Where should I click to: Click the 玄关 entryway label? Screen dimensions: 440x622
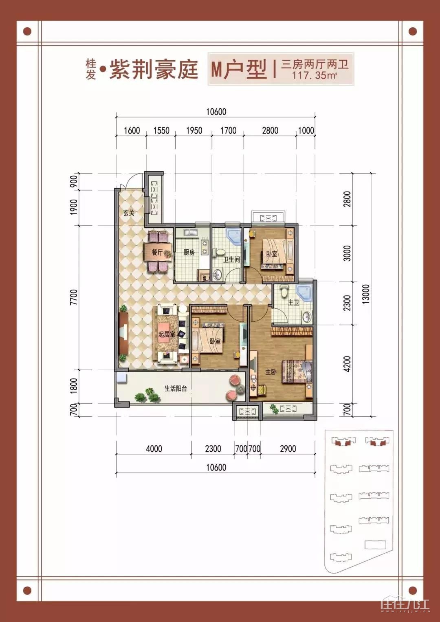click(129, 213)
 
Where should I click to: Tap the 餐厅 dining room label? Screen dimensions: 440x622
click(157, 253)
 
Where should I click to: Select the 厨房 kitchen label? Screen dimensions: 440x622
click(189, 253)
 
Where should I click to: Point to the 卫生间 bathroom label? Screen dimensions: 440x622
click(232, 260)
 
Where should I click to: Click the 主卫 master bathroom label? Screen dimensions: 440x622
click(293, 302)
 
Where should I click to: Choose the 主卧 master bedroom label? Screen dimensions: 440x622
click(271, 372)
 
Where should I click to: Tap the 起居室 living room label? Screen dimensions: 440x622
click(167, 334)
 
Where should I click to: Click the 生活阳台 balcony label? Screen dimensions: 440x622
click(176, 389)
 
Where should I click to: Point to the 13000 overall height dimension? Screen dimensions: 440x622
click(366, 295)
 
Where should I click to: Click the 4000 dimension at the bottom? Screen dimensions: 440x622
click(154, 448)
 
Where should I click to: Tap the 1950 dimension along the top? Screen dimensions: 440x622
click(194, 130)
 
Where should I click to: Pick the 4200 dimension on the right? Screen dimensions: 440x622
click(347, 364)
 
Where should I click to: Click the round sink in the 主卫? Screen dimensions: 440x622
click(307, 317)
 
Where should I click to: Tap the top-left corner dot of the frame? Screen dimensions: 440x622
click(27, 31)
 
